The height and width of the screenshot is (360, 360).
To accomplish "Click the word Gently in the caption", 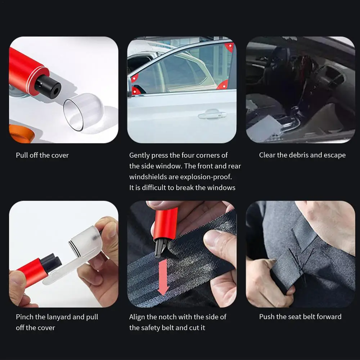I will (x=139, y=155).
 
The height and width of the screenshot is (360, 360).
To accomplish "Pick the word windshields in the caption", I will (x=148, y=177).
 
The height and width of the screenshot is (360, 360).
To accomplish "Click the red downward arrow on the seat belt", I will (x=163, y=277).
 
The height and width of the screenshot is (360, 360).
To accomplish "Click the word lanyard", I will (x=58, y=317).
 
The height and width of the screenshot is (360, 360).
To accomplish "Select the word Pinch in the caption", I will (x=24, y=317).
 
